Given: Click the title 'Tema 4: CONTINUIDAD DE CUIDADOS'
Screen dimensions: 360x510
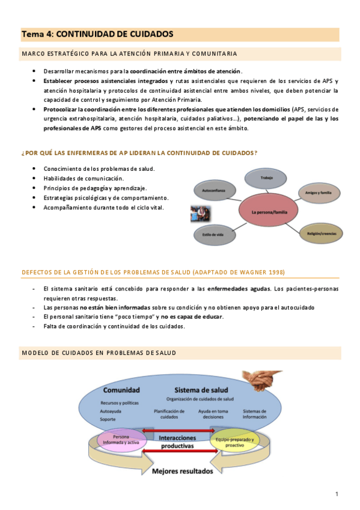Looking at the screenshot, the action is [97, 34].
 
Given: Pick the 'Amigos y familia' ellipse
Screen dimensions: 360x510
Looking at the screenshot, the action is [317, 193].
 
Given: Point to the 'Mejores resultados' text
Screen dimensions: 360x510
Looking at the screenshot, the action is [182, 471].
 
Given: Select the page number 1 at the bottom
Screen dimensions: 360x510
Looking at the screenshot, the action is [337, 494].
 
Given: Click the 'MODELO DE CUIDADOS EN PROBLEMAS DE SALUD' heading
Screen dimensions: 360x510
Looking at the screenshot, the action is [99, 353].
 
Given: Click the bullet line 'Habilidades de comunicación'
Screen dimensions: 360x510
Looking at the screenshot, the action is [84, 179].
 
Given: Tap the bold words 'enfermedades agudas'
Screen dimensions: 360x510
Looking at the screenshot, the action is [239, 290].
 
